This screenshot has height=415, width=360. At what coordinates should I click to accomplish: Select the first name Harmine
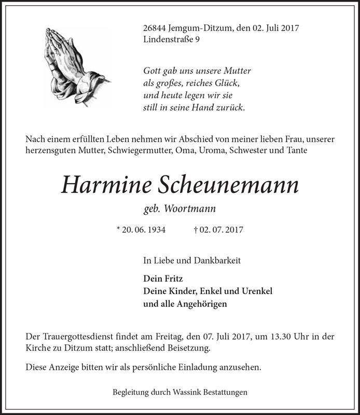pyautogui.click(x=106, y=184)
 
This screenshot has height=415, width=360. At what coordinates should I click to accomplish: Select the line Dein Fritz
pyautogui.click(x=160, y=278)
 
